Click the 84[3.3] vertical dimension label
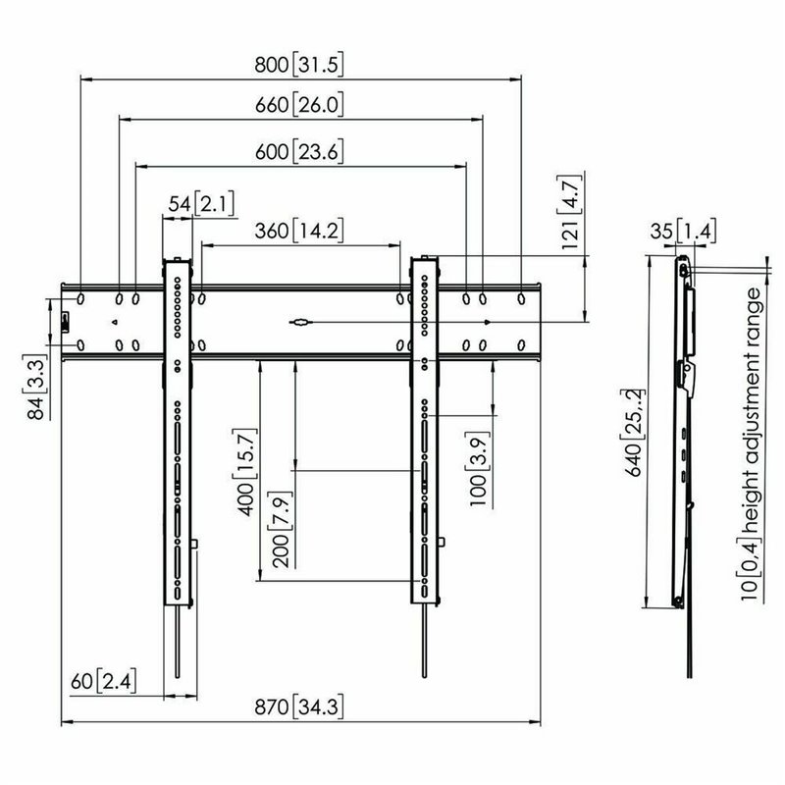[x=35, y=390]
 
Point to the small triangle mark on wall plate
[x=115, y=321]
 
